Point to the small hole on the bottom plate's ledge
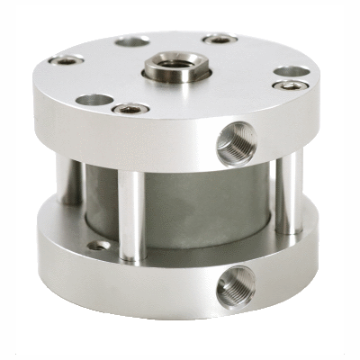pyautogui.click(x=102, y=245)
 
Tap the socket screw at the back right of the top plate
pyautogui.click(x=219, y=39)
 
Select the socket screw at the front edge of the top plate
pyautogui.click(x=130, y=109)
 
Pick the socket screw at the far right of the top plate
pyautogui.click(x=291, y=86)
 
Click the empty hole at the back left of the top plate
pyautogui.click(x=133, y=40)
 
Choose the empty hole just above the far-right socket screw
pyautogui.click(x=288, y=71)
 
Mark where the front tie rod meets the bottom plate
pyautogui.click(x=132, y=257)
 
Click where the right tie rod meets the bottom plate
pyautogui.click(x=290, y=229)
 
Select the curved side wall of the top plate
pyautogui.click(x=135, y=144)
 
